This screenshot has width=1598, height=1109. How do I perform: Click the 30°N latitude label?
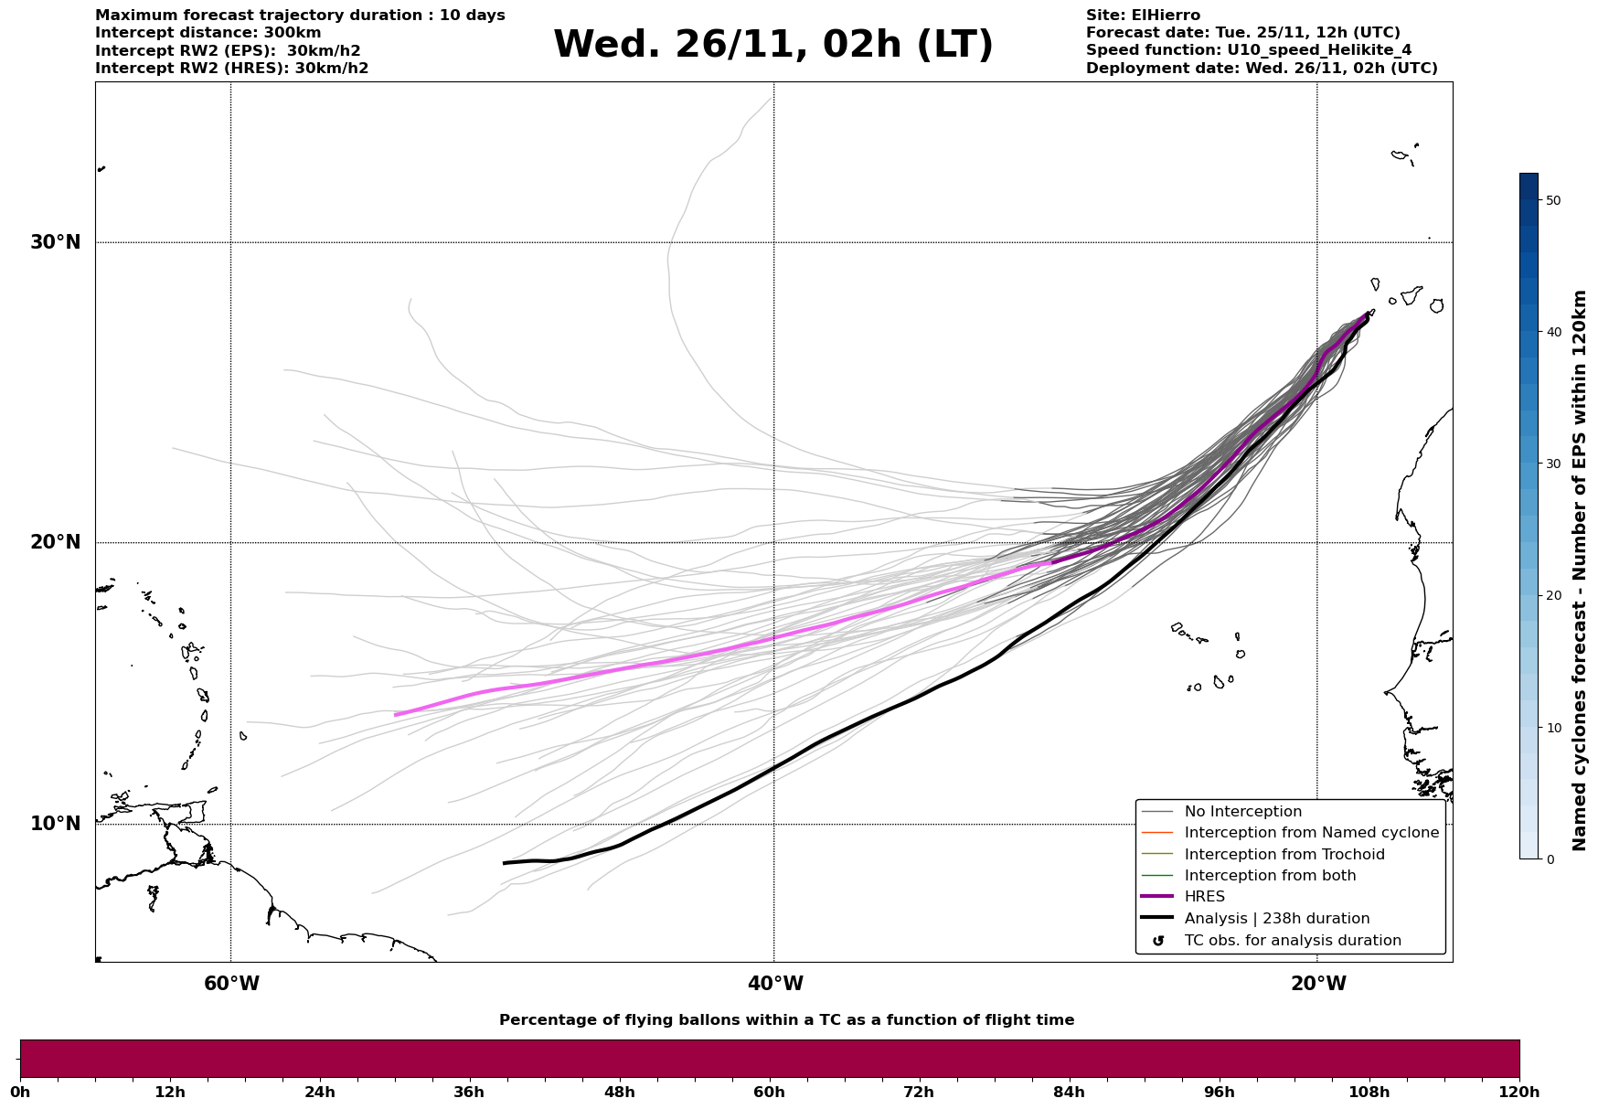[55, 242]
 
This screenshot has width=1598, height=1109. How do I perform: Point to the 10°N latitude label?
[55, 824]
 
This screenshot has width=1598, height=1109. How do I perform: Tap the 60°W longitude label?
[231, 984]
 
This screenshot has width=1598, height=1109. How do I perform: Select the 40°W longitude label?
[775, 984]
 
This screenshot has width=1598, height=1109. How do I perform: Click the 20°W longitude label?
[1318, 984]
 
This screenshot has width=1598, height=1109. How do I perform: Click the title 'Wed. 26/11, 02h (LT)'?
[772, 45]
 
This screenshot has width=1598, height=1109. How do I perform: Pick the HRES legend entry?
[1204, 897]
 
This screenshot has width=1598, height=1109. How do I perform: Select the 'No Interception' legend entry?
[1242, 812]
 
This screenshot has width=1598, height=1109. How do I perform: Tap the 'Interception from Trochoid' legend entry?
[1284, 855]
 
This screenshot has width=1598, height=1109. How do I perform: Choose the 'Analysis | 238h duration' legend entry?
[1276, 919]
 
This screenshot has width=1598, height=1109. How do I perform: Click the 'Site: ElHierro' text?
[1143, 16]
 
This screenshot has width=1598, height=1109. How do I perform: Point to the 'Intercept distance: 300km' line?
[208, 33]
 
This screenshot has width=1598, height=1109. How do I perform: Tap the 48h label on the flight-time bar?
[619, 1092]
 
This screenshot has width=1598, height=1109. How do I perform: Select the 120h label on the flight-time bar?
[1518, 1092]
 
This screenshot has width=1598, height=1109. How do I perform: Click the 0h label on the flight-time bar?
[20, 1092]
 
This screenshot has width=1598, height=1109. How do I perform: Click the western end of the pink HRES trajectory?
[395, 715]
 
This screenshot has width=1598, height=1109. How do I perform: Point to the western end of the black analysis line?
[504, 863]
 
